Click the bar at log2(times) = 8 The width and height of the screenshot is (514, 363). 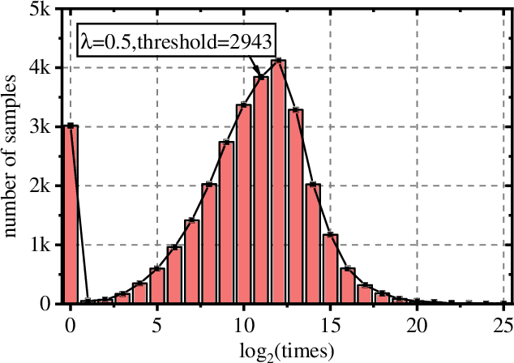209,244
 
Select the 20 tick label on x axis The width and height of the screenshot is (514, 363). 416,323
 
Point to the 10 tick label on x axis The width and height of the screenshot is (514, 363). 243,323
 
